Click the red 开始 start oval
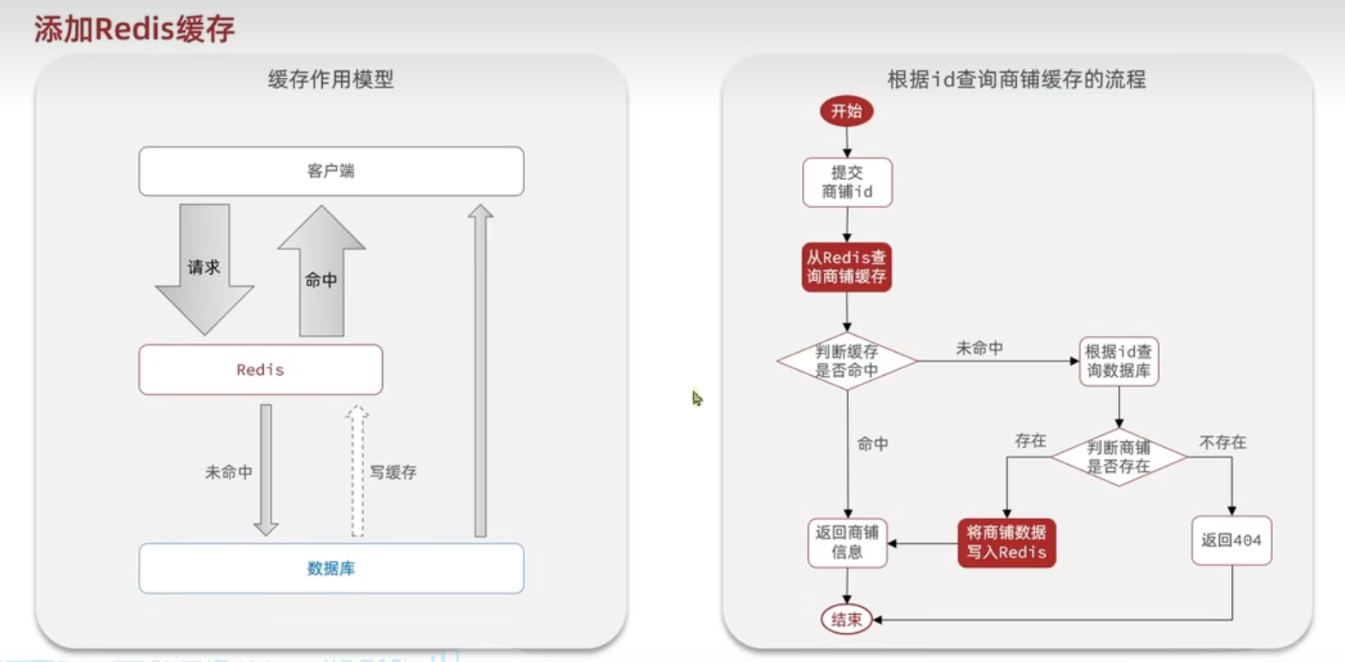846,111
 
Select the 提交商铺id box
847,182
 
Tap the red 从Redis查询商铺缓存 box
846,267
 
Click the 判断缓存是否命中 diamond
846,361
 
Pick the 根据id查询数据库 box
1119,361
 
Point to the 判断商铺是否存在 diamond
1119,457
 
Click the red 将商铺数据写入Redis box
1007,543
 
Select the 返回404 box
1231,540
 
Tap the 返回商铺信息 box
847,543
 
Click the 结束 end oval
846,619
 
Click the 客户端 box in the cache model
332,171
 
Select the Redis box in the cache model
260,370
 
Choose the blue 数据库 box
332,569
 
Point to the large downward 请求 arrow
205,267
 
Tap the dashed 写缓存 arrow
357,471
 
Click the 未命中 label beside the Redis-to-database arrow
229,472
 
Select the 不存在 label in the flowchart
1222,442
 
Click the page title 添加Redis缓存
134,29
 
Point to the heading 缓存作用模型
331,80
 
